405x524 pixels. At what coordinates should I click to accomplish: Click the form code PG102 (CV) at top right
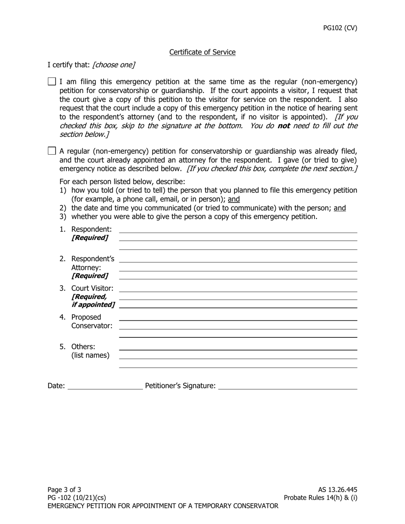[x=340, y=28]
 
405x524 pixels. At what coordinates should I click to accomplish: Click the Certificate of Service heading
[x=202, y=52]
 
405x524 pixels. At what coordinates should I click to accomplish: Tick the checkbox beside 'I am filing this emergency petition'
[x=52, y=81]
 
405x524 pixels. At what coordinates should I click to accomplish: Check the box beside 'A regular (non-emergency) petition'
[x=52, y=150]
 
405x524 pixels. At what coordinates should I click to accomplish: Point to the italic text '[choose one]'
[x=113, y=65]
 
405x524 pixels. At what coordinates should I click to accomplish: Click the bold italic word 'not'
[x=283, y=126]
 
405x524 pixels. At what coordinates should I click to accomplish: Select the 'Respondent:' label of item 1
[x=91, y=229]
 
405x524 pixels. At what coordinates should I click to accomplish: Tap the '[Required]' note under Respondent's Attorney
[x=90, y=276]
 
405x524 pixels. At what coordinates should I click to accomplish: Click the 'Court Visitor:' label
[x=92, y=288]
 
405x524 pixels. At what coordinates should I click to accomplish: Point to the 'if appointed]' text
[x=93, y=305]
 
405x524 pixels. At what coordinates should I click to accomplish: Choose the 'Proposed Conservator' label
[x=92, y=322]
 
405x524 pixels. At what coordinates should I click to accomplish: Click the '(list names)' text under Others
[x=90, y=355]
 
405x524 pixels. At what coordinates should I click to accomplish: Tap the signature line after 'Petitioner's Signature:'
[x=287, y=386]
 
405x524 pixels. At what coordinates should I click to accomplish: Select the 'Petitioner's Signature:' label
[x=180, y=386]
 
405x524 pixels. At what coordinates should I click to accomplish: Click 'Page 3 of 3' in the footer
[x=64, y=489]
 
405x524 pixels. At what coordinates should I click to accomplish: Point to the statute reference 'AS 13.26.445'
[x=337, y=489]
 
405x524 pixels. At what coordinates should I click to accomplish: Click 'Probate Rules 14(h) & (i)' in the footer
[x=321, y=498]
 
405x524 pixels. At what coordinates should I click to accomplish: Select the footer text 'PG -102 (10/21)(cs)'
[x=77, y=498]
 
